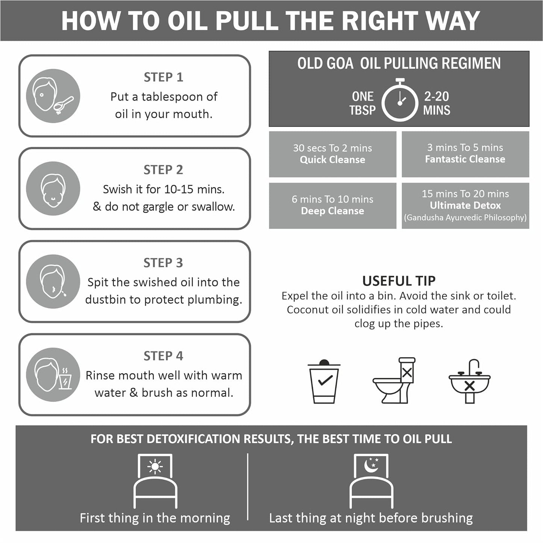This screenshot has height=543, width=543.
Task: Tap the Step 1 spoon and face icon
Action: (53, 96)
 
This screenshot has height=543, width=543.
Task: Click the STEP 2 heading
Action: (163, 169)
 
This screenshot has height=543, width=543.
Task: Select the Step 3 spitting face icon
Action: (53, 281)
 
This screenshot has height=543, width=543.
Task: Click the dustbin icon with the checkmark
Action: (324, 381)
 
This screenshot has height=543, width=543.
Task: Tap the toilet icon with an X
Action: (394, 380)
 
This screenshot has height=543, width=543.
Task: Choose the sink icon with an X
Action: (469, 381)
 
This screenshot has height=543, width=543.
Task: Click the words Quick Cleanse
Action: (333, 160)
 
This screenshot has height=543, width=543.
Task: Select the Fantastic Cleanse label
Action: (465, 159)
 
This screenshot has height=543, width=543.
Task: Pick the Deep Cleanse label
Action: (333, 211)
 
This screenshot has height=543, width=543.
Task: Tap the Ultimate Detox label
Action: (465, 206)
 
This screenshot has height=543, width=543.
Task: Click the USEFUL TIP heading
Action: (399, 281)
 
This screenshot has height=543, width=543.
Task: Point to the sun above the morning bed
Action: (155, 467)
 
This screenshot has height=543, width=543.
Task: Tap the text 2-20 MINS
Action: (437, 103)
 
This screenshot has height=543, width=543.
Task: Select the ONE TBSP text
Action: (363, 103)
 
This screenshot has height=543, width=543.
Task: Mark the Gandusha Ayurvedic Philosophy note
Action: (465, 218)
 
